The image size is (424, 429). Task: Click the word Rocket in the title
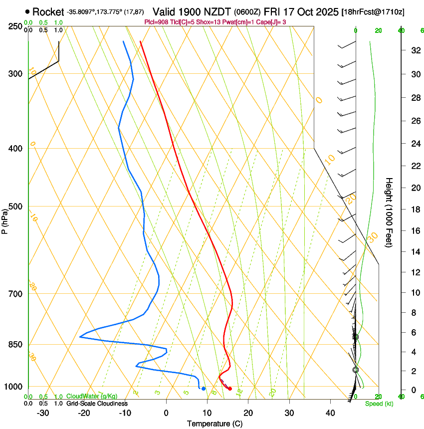click(x=48, y=12)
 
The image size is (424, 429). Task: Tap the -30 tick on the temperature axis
click(x=43, y=413)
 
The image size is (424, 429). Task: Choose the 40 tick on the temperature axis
click(x=330, y=413)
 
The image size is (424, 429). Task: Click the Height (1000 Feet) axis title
click(x=389, y=213)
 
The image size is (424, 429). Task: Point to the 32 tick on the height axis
click(x=415, y=50)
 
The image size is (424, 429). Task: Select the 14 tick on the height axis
click(x=415, y=252)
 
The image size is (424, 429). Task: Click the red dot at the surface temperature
click(x=230, y=389)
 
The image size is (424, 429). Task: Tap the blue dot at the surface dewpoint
click(x=204, y=389)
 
